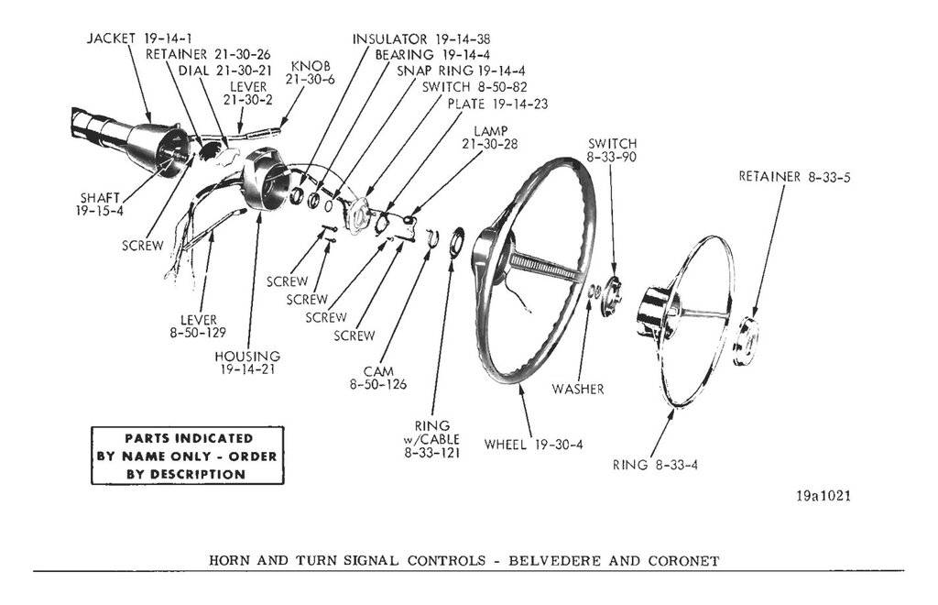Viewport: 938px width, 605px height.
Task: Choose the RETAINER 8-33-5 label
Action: pos(795,176)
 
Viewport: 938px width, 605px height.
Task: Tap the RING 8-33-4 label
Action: pos(656,465)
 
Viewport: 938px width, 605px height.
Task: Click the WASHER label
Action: pos(577,389)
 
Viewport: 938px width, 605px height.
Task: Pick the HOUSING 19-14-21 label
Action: pos(247,362)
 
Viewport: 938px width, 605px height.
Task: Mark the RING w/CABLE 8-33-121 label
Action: pos(431,439)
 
